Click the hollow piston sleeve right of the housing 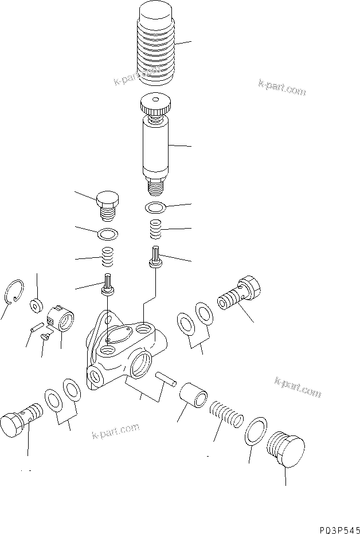[193, 396]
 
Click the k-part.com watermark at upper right [282, 88]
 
